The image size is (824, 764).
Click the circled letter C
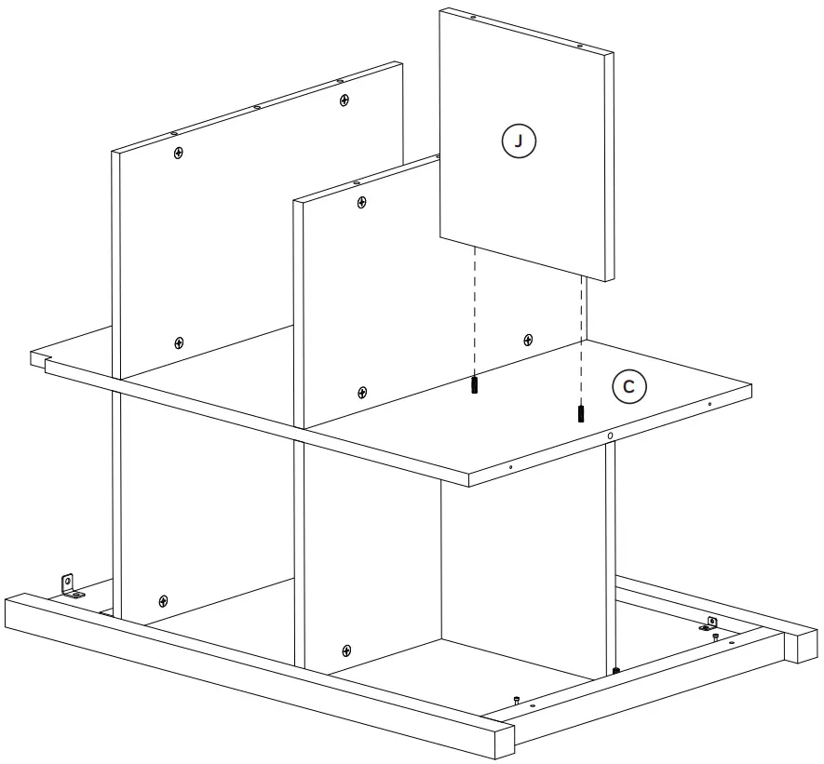[x=628, y=387]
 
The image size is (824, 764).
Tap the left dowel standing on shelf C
[x=474, y=384]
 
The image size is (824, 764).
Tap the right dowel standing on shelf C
[x=582, y=412]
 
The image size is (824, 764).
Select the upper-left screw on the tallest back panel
[x=178, y=152]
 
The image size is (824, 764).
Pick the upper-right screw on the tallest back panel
[x=344, y=99]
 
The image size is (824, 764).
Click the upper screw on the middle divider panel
[x=361, y=202]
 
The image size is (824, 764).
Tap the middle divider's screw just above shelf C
[x=361, y=392]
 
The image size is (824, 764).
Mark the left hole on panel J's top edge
[x=472, y=18]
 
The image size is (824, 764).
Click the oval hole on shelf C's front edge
[x=609, y=436]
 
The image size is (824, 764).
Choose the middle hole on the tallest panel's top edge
[x=256, y=107]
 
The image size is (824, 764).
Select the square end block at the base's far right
[x=804, y=645]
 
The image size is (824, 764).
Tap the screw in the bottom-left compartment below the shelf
[x=164, y=600]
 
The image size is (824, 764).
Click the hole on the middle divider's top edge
[x=356, y=182]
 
